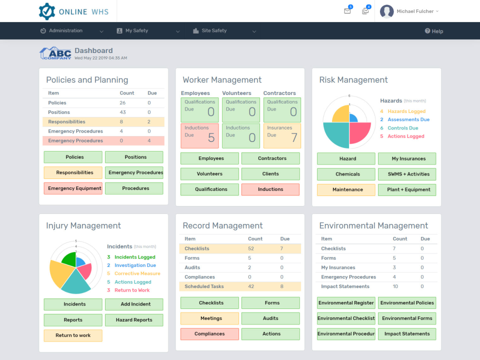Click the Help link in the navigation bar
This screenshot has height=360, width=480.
pyautogui.click(x=434, y=31)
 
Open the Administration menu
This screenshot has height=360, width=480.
pyautogui.click(x=65, y=31)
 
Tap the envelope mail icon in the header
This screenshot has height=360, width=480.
pyautogui.click(x=347, y=11)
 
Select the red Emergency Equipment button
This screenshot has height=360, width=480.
pyautogui.click(x=73, y=188)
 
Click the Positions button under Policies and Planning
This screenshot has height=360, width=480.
pyautogui.click(x=134, y=157)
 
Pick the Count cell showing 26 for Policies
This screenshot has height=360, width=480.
pyautogui.click(x=122, y=102)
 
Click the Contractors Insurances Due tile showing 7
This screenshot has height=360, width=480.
pyautogui.click(x=282, y=136)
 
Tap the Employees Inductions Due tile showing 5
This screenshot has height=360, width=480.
pyautogui.click(x=199, y=136)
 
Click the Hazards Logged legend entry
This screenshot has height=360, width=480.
pyautogui.click(x=406, y=111)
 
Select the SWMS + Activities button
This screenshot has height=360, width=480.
pyautogui.click(x=407, y=174)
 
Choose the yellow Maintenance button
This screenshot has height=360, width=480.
pyautogui.click(x=346, y=189)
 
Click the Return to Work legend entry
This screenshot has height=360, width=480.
pyautogui.click(x=132, y=290)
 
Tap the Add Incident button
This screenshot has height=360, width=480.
pyautogui.click(x=134, y=304)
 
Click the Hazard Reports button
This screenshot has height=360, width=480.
pyautogui.click(x=134, y=320)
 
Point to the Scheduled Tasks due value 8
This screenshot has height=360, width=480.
pyautogui.click(x=282, y=286)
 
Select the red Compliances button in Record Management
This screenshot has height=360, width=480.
pyautogui.click(x=209, y=334)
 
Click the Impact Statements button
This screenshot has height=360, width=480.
pyautogui.click(x=407, y=334)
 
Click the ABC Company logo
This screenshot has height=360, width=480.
pyautogui.click(x=55, y=53)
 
